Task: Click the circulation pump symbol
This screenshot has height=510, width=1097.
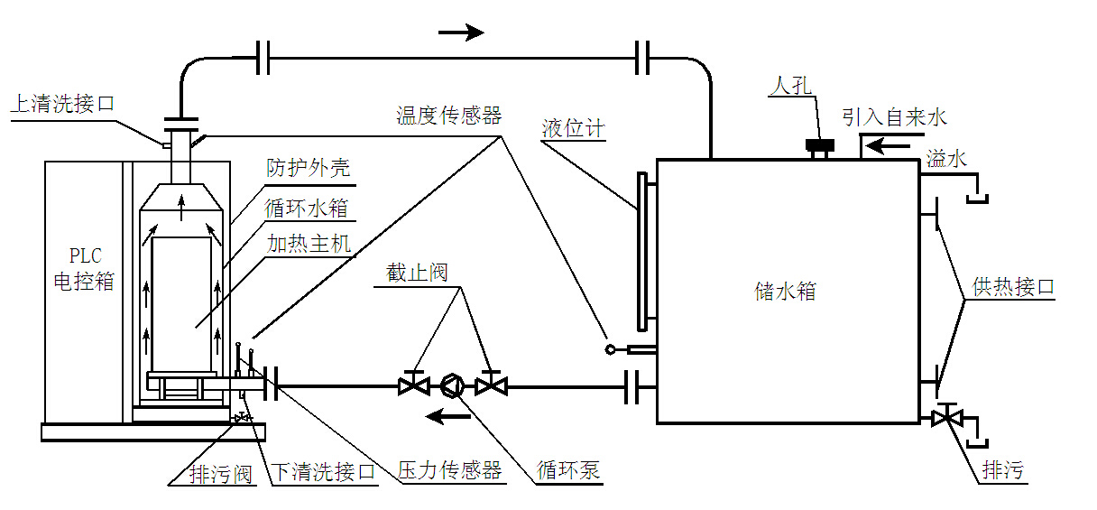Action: coord(453,385)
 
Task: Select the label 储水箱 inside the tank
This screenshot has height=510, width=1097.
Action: coord(785,291)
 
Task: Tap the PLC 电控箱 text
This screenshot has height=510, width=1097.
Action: coord(84,269)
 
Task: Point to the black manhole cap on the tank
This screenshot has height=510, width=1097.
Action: coord(820,145)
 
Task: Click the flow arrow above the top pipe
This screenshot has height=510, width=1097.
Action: coord(461,32)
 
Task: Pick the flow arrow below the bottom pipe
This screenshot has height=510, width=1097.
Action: coord(447,417)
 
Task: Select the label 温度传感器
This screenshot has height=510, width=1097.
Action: coord(449,116)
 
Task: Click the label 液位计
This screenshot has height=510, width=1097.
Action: coord(574,129)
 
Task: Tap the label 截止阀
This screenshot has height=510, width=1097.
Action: coord(417,273)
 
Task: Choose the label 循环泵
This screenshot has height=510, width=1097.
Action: coord(568,469)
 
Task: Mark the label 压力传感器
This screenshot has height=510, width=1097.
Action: coord(449,470)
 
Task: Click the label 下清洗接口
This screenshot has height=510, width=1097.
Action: coord(323,472)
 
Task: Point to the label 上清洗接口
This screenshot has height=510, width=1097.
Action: coord(62,104)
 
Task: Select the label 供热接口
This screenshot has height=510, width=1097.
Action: coord(1013,286)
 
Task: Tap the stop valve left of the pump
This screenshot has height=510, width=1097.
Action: coord(414,385)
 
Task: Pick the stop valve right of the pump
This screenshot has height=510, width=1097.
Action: coord(491,385)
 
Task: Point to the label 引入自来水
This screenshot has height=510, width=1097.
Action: coord(894,117)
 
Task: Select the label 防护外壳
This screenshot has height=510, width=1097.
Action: coord(308,168)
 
